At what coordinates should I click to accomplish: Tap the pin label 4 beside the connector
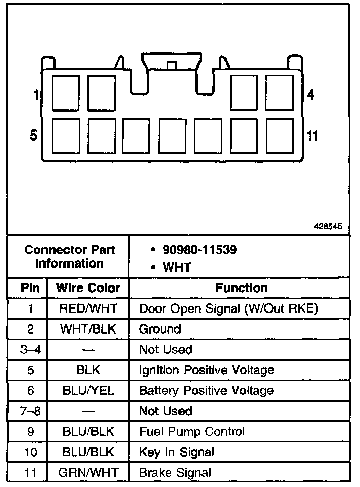[x=310, y=95]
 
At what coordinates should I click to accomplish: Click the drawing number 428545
[x=328, y=225]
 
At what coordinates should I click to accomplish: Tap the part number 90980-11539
[x=199, y=250]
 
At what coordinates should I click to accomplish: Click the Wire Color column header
[x=88, y=288]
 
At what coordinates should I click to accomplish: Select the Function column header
[x=241, y=288]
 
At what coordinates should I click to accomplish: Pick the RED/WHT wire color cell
[x=88, y=308]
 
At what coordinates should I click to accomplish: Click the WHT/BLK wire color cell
[x=88, y=329]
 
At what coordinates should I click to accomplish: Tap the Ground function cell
[x=160, y=329]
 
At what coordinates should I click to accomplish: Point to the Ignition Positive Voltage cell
[x=206, y=370]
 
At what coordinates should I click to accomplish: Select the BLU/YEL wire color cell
[x=88, y=391]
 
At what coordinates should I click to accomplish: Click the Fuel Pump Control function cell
[x=192, y=432]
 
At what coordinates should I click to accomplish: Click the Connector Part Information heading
[x=70, y=257]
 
